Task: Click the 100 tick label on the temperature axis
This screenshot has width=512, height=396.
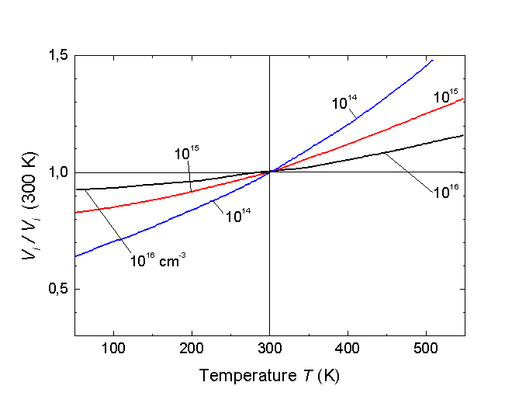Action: point(114,346)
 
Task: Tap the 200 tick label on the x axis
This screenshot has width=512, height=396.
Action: point(192,346)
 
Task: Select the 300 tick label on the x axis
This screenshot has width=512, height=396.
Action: point(269,346)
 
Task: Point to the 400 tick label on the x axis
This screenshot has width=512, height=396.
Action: point(348,346)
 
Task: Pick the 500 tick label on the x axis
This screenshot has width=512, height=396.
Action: point(425,346)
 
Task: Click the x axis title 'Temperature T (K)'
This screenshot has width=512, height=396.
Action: point(269,376)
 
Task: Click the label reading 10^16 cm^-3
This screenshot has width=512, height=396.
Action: point(157,261)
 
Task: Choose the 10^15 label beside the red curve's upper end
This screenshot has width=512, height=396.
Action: point(446,98)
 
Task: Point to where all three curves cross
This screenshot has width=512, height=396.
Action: point(269,172)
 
